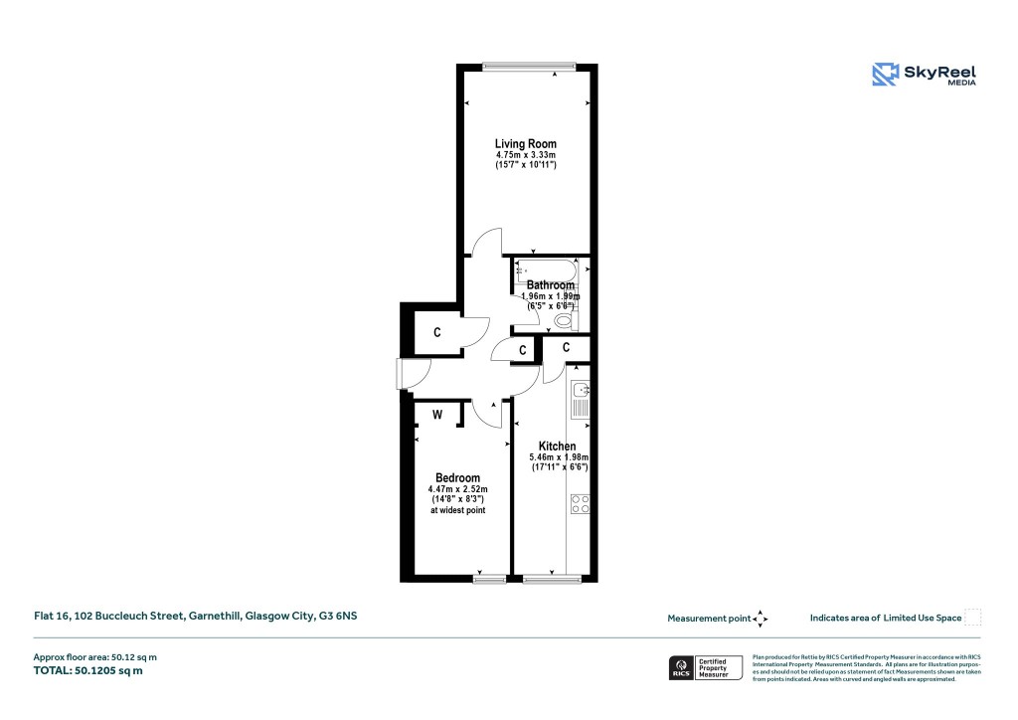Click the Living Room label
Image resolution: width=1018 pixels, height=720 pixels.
[x=525, y=144]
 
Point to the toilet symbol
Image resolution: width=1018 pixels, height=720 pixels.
[x=565, y=320]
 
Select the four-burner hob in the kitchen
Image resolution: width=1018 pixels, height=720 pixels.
[x=580, y=503]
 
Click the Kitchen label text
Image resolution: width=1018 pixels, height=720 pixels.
[x=557, y=447]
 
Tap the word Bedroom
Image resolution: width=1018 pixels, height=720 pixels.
[x=457, y=478]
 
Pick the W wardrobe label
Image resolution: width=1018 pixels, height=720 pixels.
[x=436, y=414]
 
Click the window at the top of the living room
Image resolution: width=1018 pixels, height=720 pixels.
[x=529, y=67]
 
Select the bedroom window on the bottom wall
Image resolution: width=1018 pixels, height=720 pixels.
[x=490, y=578]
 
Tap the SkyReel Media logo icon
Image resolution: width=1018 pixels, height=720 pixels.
[x=885, y=75]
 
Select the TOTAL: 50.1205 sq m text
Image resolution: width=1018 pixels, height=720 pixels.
[x=89, y=671]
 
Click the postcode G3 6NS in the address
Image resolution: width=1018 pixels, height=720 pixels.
[x=337, y=617]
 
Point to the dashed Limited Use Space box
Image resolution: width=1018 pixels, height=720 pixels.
[x=973, y=618]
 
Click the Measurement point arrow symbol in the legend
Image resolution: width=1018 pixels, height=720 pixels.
[x=761, y=619]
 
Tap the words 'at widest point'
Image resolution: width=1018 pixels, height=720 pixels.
[x=457, y=510]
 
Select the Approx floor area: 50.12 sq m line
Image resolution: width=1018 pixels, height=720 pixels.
[x=96, y=656]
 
